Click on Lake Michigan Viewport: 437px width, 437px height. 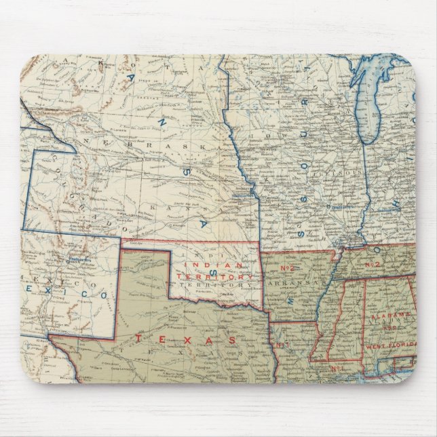[x=371, y=102]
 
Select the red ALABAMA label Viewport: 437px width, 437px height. [x=389, y=316]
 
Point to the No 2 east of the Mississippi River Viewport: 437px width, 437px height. [x=371, y=263]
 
